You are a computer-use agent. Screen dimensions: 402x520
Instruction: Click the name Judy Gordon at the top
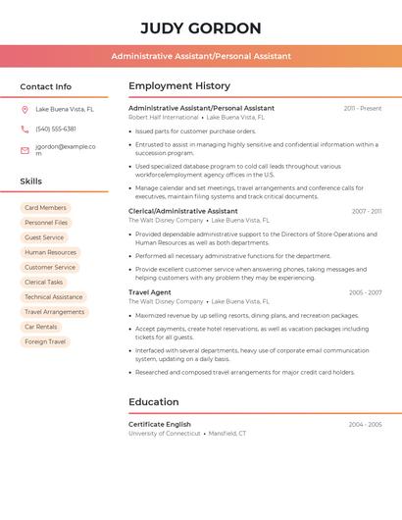point(201,28)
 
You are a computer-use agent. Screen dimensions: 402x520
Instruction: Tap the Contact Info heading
point(46,86)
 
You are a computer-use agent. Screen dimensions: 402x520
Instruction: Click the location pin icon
point(25,110)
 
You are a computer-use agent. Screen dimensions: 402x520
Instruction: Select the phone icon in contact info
point(25,130)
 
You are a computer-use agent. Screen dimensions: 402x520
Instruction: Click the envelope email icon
point(25,150)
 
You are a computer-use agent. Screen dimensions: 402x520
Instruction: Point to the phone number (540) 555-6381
point(56,130)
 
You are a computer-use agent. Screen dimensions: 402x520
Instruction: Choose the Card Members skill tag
point(45,208)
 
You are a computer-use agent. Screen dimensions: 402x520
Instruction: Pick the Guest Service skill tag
point(44,237)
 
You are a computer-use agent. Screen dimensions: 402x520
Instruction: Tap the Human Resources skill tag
point(50,252)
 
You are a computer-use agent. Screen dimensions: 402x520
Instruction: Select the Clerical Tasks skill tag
point(44,283)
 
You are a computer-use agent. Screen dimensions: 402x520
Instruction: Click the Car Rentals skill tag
point(41,327)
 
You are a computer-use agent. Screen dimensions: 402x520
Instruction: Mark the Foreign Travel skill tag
point(45,341)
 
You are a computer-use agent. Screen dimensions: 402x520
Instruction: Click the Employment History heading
point(179,86)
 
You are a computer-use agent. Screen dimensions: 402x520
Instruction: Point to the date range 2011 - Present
point(362,109)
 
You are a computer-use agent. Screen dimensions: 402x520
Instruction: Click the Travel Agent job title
point(150,292)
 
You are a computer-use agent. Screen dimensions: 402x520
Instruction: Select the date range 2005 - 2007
point(365,292)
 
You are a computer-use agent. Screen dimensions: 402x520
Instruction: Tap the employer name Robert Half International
point(163,118)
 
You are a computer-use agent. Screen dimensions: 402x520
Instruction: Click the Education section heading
point(154,402)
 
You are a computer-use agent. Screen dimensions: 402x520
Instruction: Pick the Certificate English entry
point(160,424)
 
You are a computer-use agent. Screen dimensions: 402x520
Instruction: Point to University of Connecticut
point(165,433)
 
